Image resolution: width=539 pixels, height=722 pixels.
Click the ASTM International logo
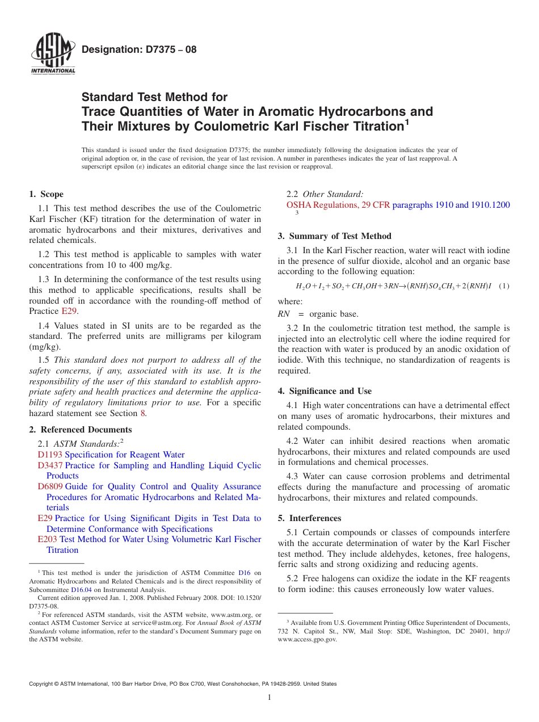[x=52, y=55]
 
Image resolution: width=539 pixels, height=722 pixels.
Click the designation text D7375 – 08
[x=139, y=49]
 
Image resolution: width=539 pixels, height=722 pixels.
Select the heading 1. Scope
[x=47, y=194]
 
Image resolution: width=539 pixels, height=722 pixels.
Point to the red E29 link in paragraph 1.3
[x=68, y=311]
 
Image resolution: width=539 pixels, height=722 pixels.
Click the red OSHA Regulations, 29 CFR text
[x=338, y=205]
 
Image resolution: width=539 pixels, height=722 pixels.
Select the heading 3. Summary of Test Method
[x=334, y=236]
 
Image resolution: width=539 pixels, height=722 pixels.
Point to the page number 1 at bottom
[x=269, y=698]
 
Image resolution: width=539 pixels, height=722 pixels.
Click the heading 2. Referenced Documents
[x=81, y=430]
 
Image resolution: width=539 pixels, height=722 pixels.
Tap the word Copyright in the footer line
[x=42, y=684]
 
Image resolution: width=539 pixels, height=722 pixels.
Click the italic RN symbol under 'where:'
[x=284, y=314]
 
